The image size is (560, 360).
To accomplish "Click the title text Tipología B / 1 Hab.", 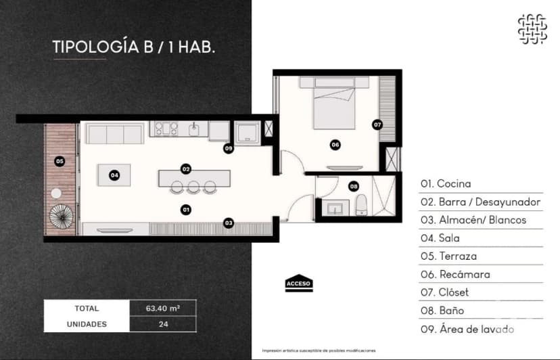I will [134, 47].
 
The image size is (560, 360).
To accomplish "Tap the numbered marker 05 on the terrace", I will [60, 161].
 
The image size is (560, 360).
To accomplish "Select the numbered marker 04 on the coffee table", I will [114, 175].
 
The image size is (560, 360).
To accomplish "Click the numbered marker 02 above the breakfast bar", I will [185, 168].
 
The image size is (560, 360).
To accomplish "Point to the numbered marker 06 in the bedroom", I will [335, 144].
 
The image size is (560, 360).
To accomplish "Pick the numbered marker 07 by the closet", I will [377, 125].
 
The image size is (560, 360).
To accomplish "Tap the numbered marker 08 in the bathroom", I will [353, 186].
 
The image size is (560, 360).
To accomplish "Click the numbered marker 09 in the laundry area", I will [229, 148].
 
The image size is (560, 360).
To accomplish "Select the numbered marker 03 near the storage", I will [229, 222].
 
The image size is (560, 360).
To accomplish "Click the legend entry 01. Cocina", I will [446, 183].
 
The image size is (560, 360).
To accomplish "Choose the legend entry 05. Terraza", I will [448, 256].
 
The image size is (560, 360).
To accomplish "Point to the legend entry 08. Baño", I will [442, 311].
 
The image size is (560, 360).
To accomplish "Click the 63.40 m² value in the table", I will [162, 308].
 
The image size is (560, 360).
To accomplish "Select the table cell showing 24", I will [162, 324].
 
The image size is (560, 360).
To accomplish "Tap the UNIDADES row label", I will [87, 324].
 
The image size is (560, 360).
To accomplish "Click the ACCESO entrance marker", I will [299, 283].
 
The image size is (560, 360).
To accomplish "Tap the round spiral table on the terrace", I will [62, 218].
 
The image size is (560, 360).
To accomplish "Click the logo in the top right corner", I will [532, 28].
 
